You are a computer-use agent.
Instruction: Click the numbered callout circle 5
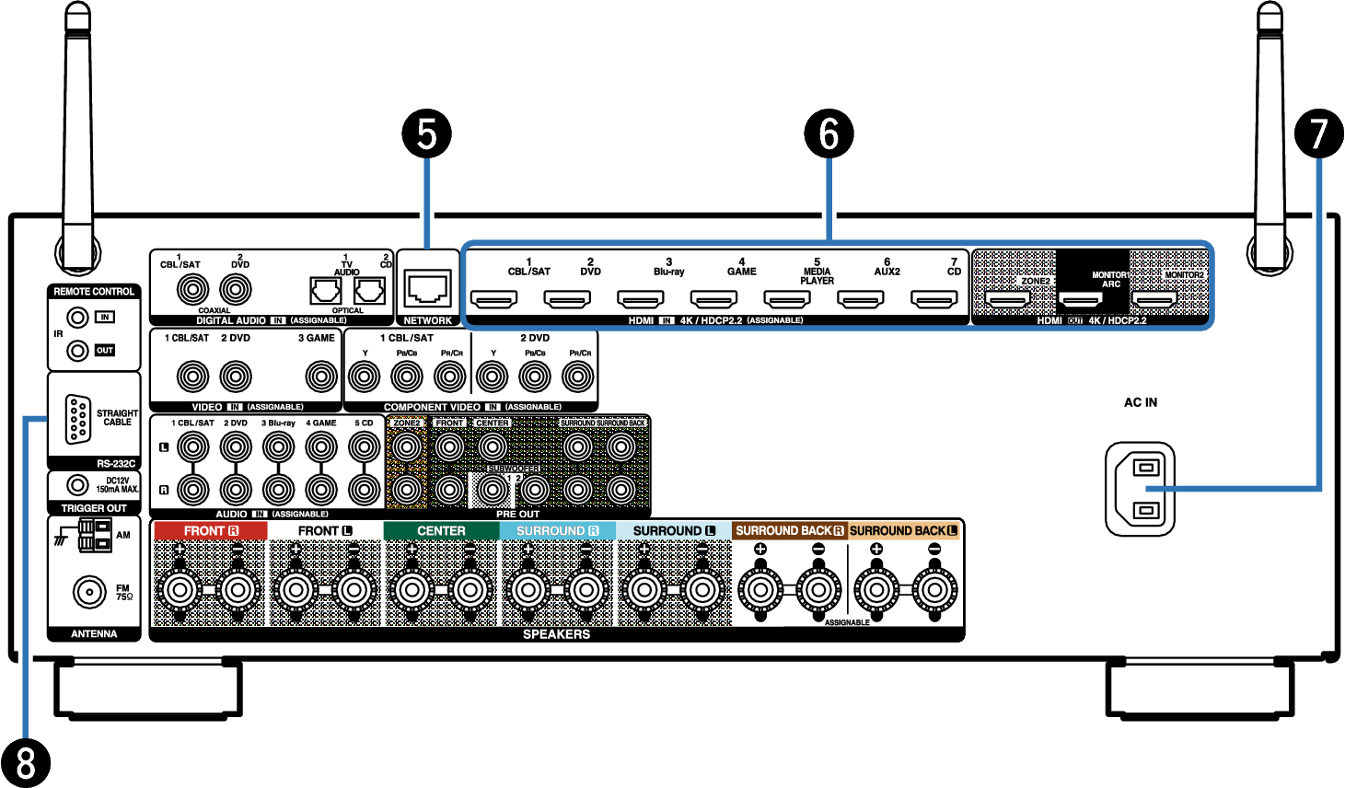coord(426,133)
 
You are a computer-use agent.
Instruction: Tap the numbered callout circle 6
coord(829,133)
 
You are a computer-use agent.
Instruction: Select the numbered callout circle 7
coord(1319,133)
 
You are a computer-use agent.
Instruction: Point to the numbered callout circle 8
coord(25,762)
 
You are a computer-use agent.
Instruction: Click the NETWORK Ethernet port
coord(427,289)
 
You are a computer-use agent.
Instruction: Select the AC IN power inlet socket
coord(1140,488)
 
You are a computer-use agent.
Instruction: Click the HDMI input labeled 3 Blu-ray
coord(641,299)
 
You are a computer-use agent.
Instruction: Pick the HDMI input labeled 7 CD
coord(934,299)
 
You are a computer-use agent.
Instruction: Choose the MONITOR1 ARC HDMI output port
coord(1081,299)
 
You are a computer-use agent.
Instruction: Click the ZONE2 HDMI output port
coord(1008,299)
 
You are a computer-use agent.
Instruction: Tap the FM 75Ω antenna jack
coord(89,592)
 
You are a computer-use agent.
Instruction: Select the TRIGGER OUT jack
coord(78,484)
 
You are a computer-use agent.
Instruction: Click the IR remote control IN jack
coord(78,318)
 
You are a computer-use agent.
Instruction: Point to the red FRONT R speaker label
coord(211,531)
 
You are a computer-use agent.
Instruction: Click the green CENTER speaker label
coord(441,531)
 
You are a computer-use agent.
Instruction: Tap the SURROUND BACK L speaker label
coord(903,531)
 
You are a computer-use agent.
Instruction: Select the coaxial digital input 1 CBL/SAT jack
coord(192,290)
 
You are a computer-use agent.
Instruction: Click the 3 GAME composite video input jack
coord(321,376)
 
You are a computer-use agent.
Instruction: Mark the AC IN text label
coord(1140,402)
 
